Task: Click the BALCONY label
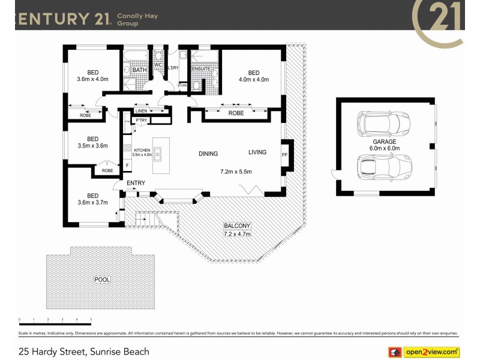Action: (x=237, y=226)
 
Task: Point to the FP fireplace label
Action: (x=284, y=154)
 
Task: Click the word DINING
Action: (x=208, y=154)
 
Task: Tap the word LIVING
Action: (x=257, y=152)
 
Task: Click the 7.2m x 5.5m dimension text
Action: (x=236, y=172)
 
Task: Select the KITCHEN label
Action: (x=142, y=150)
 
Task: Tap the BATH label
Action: (x=140, y=70)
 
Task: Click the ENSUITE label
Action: (x=201, y=69)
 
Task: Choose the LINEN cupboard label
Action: (x=141, y=111)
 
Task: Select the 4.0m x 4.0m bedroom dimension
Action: (x=253, y=79)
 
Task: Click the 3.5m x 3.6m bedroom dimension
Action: (x=92, y=145)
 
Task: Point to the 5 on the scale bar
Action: (x=91, y=320)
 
